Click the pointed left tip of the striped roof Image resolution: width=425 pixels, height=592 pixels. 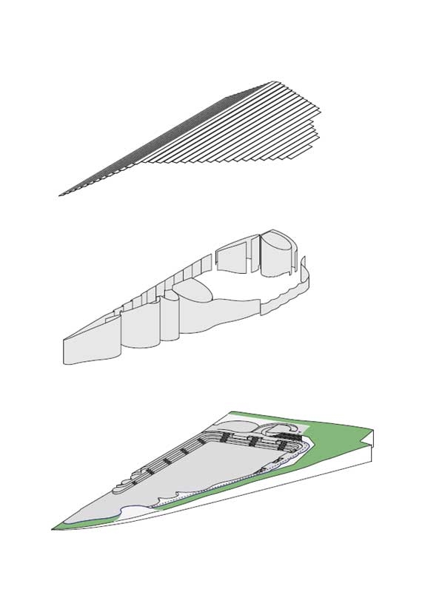tap(61, 195)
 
